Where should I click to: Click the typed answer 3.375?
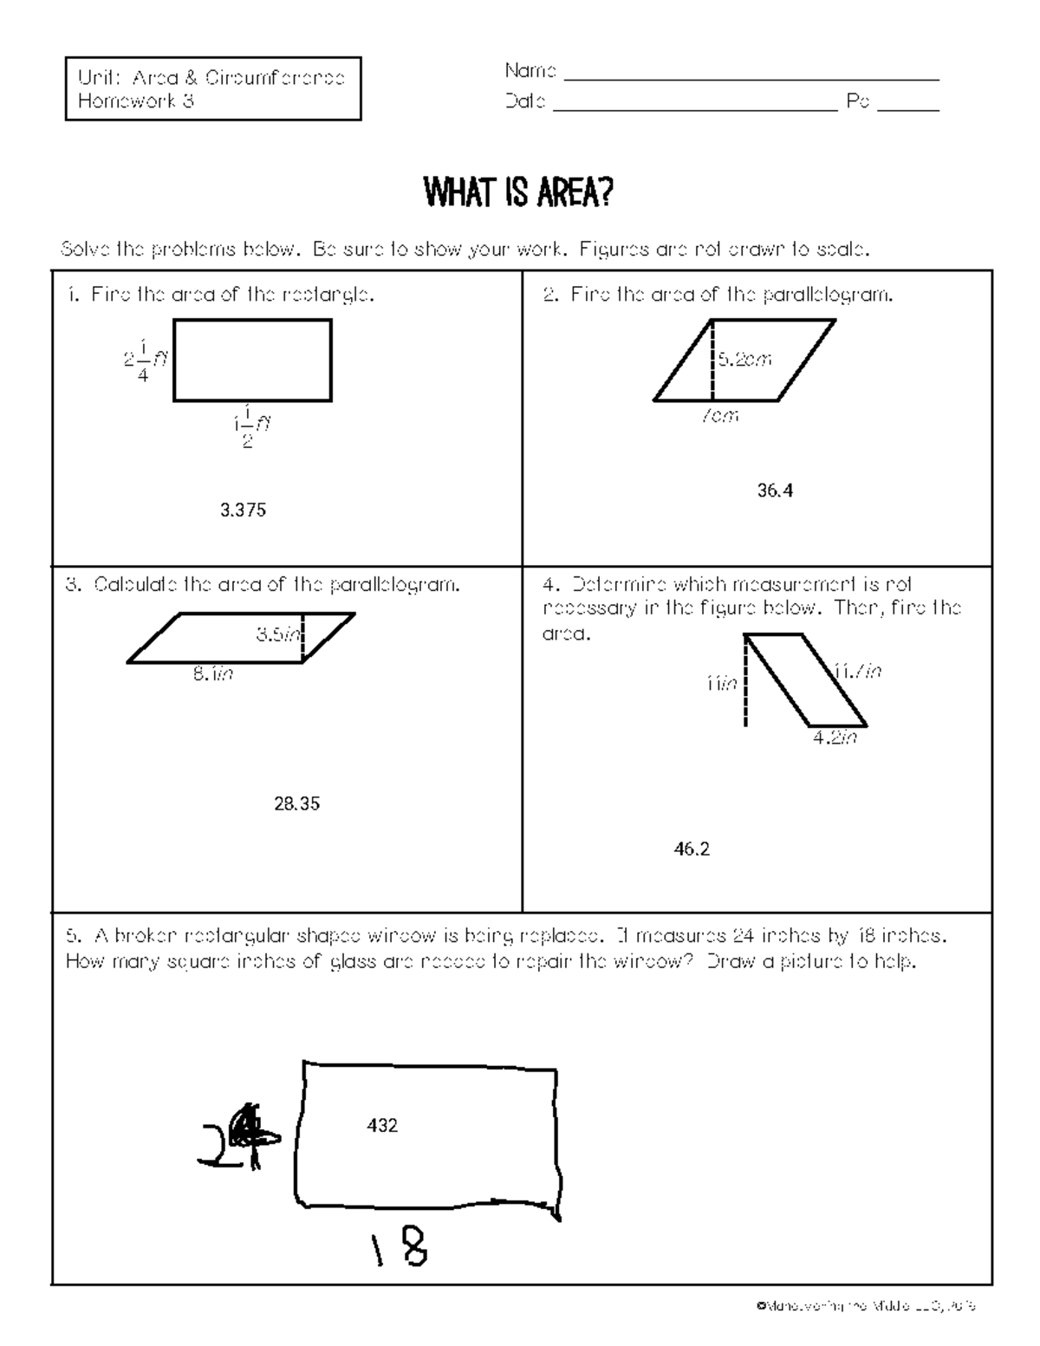(243, 510)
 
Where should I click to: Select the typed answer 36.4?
(775, 491)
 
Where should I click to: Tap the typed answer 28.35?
(297, 803)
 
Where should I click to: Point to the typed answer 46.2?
(692, 849)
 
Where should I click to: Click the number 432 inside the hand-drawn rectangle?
(382, 1125)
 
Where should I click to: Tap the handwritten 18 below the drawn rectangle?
(404, 1251)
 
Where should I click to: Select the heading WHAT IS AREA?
(517, 193)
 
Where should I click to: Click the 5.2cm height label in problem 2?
(744, 359)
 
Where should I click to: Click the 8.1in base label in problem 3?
(212, 673)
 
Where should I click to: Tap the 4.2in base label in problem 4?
(835, 738)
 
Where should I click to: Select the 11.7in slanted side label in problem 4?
(857, 671)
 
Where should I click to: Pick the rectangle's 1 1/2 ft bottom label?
(251, 425)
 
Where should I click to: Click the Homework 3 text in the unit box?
(136, 101)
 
